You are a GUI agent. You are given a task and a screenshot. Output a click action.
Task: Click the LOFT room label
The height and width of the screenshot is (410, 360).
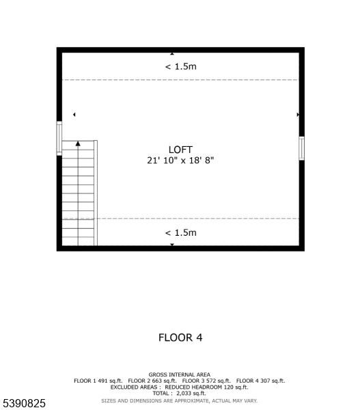pyautogui.click(x=180, y=150)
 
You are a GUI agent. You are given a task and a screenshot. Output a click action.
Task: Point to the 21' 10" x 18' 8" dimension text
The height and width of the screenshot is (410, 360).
pyautogui.click(x=180, y=161)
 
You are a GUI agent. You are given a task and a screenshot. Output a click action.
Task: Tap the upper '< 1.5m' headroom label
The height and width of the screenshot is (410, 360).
pyautogui.click(x=180, y=66)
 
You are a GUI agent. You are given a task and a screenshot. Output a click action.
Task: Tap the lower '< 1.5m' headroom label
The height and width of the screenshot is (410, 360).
pyautogui.click(x=180, y=233)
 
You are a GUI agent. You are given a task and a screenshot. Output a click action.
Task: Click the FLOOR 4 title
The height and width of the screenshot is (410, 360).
pyautogui.click(x=180, y=338)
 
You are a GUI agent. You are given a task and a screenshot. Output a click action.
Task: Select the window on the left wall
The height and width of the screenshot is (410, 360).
pyautogui.click(x=59, y=138)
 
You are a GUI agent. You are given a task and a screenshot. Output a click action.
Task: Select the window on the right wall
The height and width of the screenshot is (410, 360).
pyautogui.click(x=302, y=148)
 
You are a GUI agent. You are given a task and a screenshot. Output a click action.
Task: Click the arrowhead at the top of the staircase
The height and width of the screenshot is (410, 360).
pyautogui.click(x=78, y=143)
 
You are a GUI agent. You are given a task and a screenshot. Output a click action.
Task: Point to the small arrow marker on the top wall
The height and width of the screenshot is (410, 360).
pyautogui.click(x=172, y=53)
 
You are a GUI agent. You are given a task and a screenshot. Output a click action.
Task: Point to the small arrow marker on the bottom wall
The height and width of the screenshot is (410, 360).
pyautogui.click(x=172, y=245)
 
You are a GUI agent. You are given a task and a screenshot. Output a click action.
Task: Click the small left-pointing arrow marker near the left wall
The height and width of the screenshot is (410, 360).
pyautogui.click(x=74, y=115)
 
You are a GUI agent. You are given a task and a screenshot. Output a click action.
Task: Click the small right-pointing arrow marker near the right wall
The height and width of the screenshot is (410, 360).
pyautogui.click(x=298, y=115)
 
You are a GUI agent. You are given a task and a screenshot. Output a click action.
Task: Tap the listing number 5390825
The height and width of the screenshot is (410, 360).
pyautogui.click(x=24, y=403)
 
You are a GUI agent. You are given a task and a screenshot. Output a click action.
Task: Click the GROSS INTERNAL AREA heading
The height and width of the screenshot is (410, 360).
pyautogui.click(x=180, y=374)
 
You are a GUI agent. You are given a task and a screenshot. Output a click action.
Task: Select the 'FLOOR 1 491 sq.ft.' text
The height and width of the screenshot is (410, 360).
pyautogui.click(x=98, y=381)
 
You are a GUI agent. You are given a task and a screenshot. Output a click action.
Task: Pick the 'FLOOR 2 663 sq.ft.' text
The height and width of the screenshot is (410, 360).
pyautogui.click(x=152, y=381)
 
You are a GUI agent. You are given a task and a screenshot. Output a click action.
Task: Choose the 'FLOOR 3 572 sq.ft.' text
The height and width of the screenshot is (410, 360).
pyautogui.click(x=206, y=381)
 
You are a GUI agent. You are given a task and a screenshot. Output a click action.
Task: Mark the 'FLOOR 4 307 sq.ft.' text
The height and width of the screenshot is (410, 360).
pyautogui.click(x=261, y=381)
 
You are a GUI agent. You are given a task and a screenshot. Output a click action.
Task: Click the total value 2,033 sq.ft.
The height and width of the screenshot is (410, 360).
pyautogui.click(x=191, y=394)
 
